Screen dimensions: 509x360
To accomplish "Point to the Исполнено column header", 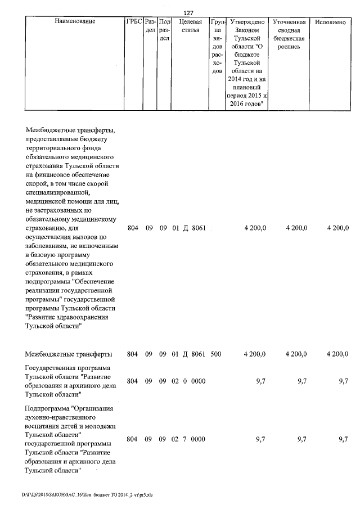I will pyautogui.click(x=330, y=22).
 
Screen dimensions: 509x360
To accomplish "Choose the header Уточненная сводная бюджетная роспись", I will pyautogui.click(x=289, y=34).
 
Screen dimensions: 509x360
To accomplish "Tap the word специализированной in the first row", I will pyautogui.click(x=58, y=192).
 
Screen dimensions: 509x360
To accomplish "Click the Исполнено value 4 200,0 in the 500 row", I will pyautogui.click(x=337, y=354).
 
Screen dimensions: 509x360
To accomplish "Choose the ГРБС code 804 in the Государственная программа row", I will pyautogui.click(x=133, y=381).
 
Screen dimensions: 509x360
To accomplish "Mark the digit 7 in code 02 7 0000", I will pyautogui.click(x=185, y=439).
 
